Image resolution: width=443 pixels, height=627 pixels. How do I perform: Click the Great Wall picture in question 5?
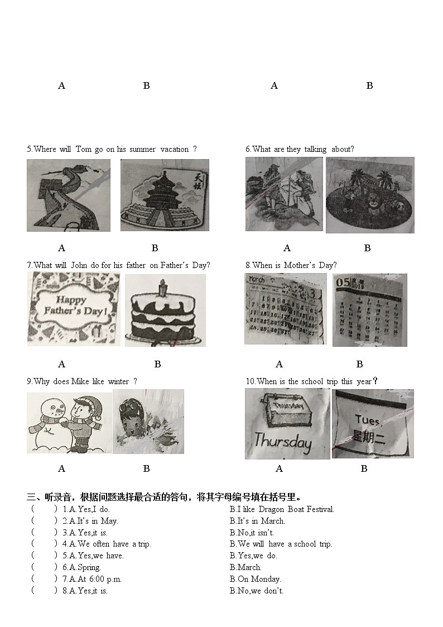68,195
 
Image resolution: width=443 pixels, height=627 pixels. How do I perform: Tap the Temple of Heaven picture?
165,195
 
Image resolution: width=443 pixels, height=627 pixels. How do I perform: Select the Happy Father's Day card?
74,309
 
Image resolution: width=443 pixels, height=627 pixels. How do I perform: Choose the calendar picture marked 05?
369,310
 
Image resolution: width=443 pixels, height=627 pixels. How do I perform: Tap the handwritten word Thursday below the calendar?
282,442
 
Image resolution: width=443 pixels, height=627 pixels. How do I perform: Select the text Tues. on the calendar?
368,420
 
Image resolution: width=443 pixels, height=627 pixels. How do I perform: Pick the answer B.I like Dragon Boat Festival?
282,509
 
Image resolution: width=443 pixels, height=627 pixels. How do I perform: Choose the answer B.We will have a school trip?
281,544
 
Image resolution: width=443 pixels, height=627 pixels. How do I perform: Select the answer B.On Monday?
255,579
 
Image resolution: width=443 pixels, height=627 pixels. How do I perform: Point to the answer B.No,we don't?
256,591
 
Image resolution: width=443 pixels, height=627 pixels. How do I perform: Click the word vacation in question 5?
174,149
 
